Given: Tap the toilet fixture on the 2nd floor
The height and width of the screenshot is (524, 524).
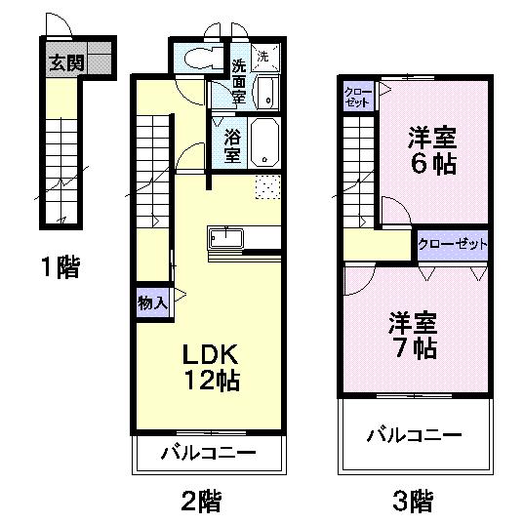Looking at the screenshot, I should (x=199, y=58).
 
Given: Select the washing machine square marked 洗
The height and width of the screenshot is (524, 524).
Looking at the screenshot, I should (x=264, y=57).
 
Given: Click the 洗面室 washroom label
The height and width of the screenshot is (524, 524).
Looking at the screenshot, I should (x=240, y=86).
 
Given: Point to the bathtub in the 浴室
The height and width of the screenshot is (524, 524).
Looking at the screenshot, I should (x=264, y=143).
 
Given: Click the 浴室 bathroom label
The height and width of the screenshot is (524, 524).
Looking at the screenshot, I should (x=232, y=144).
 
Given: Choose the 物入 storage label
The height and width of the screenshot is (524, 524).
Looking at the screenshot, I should (x=151, y=302).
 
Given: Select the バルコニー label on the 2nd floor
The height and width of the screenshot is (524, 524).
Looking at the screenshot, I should (x=208, y=453).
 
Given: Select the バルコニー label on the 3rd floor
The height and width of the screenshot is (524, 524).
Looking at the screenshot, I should (x=414, y=434).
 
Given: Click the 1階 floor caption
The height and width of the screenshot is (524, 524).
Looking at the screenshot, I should (x=60, y=266).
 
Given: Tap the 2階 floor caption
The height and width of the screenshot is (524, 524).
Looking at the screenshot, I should (x=201, y=503).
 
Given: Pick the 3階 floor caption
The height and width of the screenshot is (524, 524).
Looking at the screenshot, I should (x=414, y=503).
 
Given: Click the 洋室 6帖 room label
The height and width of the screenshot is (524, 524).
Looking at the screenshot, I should (x=431, y=150).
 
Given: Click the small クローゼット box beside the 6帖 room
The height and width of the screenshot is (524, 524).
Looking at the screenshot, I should (x=357, y=97).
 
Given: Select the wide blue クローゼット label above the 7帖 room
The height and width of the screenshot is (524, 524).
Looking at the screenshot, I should (x=452, y=244).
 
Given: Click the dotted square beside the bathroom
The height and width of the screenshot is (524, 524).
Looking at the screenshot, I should (x=267, y=187).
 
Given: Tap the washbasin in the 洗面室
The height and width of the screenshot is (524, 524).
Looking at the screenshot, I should (x=266, y=94).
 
